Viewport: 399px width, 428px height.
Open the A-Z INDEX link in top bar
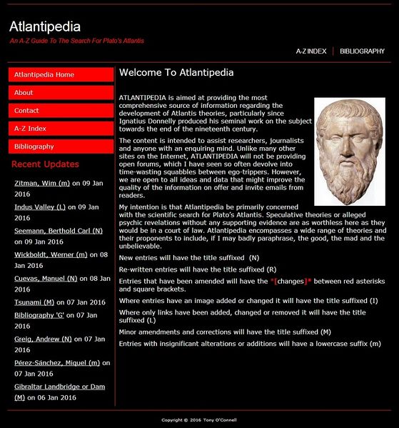[311, 51]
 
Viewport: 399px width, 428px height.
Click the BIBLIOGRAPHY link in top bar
[362, 51]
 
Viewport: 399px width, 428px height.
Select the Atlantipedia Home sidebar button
[61, 75]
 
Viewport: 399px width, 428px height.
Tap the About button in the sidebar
[61, 93]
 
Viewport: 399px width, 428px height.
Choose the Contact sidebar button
[61, 111]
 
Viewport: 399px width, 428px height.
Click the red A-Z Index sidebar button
[61, 129]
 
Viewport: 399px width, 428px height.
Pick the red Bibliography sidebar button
[61, 146]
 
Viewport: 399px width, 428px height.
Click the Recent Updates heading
[46, 164]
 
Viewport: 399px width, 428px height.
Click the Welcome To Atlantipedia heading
[176, 73]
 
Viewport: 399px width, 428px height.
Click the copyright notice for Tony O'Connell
[199, 419]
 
